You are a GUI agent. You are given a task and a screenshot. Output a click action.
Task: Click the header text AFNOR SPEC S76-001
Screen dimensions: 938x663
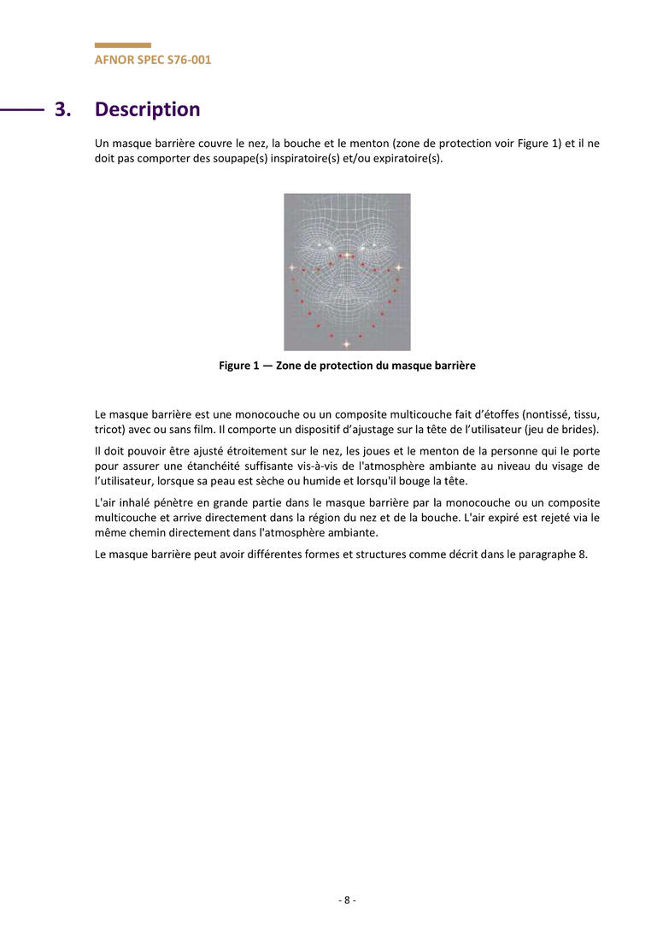153,60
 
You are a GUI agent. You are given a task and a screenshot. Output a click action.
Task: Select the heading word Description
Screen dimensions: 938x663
147,109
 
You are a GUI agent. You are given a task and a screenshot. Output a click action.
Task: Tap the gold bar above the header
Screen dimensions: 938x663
122,45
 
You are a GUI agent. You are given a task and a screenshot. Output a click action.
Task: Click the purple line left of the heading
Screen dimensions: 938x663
22,109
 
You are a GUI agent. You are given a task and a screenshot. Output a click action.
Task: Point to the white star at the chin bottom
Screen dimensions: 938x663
346,343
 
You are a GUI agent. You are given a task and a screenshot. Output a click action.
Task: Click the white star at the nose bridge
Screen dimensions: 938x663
347,255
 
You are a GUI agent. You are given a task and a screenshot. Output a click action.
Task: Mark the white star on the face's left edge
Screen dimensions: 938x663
291,267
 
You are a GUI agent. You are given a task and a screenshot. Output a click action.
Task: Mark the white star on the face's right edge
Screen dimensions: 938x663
398,267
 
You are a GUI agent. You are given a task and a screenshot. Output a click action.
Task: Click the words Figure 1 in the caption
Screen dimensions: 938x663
238,366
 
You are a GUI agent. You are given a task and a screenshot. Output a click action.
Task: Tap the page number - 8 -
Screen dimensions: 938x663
347,900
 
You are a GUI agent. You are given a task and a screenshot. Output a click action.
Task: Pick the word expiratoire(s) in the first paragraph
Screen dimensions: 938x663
410,159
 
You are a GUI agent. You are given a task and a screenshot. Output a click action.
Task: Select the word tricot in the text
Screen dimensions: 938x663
108,429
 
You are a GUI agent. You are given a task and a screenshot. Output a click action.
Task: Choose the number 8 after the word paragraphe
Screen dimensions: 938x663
584,554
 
